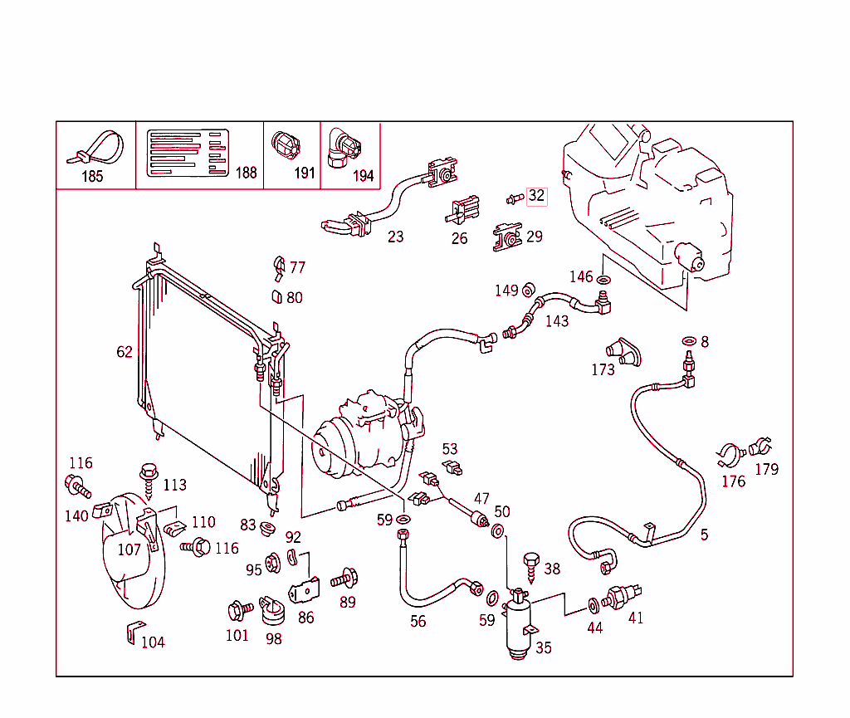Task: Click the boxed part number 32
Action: point(537,197)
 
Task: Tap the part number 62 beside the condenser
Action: point(125,352)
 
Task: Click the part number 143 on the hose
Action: point(557,320)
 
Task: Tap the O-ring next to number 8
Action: point(688,341)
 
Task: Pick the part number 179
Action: point(767,469)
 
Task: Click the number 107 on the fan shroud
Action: point(129,549)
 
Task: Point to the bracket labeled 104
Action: point(131,632)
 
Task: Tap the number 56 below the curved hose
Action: point(418,621)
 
